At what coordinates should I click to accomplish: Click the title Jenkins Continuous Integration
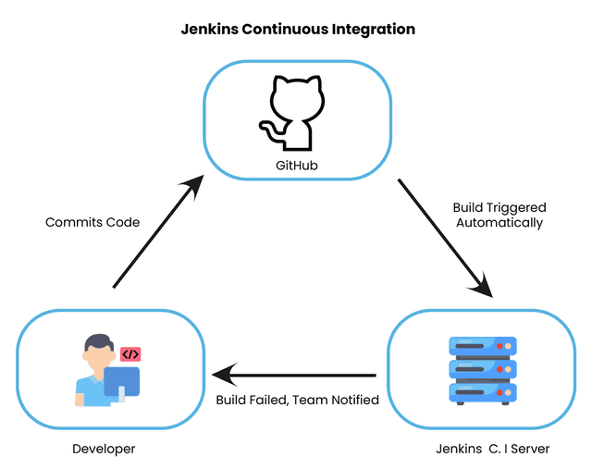pyautogui.click(x=297, y=30)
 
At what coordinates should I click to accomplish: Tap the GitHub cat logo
pyautogui.click(x=294, y=114)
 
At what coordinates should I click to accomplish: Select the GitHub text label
pyautogui.click(x=297, y=167)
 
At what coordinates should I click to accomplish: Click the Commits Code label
pyautogui.click(x=92, y=222)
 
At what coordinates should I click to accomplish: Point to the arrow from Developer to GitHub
pyautogui.click(x=156, y=232)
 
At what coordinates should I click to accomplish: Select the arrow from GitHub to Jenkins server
pyautogui.click(x=445, y=237)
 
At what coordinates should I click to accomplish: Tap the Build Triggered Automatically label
pyautogui.click(x=499, y=215)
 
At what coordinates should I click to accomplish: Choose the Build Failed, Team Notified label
pyautogui.click(x=297, y=400)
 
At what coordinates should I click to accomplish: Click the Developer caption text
pyautogui.click(x=104, y=449)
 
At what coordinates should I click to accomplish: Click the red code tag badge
pyautogui.click(x=130, y=354)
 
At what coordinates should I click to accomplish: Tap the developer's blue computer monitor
pyautogui.click(x=121, y=380)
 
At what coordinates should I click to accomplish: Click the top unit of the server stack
pyautogui.click(x=481, y=347)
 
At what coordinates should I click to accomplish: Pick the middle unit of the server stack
pyautogui.click(x=481, y=369)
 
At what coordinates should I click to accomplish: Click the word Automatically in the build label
pyautogui.click(x=499, y=223)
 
